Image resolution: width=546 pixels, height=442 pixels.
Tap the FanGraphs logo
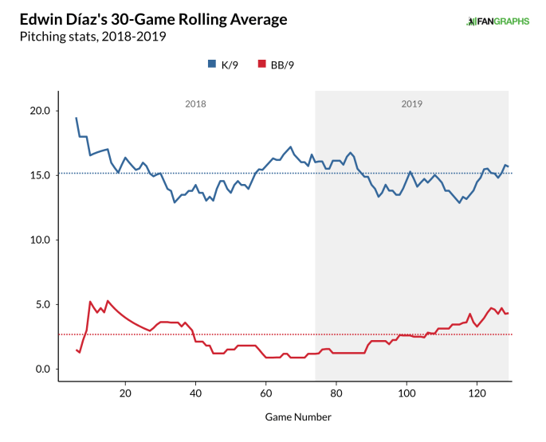[x=497, y=21]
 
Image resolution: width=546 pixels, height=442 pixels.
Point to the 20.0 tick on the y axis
[x=40, y=111]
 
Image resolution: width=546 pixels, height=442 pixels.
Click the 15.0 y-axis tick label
[x=40, y=175]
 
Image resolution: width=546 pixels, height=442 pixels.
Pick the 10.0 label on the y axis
[x=40, y=240]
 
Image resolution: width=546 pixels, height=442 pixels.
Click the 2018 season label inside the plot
[x=195, y=104]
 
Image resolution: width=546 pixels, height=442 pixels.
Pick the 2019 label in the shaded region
[x=411, y=104]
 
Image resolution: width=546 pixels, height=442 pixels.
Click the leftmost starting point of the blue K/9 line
[x=77, y=118]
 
